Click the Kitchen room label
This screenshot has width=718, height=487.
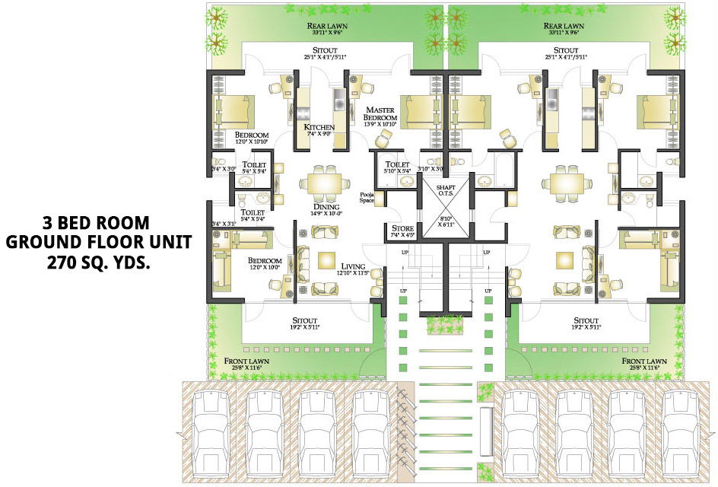319,126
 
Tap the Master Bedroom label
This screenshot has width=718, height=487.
380,114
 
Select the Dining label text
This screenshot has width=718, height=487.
326,206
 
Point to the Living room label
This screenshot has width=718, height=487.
354,265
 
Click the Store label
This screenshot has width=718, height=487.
402,228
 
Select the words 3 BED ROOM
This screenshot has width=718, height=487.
96,223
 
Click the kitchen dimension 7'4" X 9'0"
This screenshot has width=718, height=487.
319,134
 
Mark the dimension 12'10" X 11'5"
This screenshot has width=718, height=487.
354,272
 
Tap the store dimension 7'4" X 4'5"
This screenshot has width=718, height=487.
402,235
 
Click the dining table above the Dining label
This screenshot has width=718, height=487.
326,183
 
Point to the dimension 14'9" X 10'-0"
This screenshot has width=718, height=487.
326,214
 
